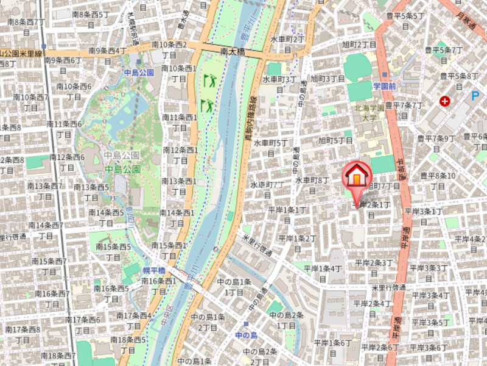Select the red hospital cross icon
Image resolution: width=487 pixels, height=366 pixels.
[x=446, y=101]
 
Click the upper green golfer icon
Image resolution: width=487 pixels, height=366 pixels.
[x=209, y=80]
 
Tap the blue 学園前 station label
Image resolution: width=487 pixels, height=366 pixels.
[x=385, y=87]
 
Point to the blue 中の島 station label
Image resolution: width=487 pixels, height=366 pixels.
[x=247, y=335]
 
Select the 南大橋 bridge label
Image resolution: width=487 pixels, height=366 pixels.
[x=233, y=52]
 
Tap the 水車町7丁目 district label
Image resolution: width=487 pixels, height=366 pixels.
[x=267, y=188]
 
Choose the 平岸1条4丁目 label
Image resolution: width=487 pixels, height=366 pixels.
[x=322, y=273]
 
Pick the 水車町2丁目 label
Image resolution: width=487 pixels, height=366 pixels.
[x=287, y=45]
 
